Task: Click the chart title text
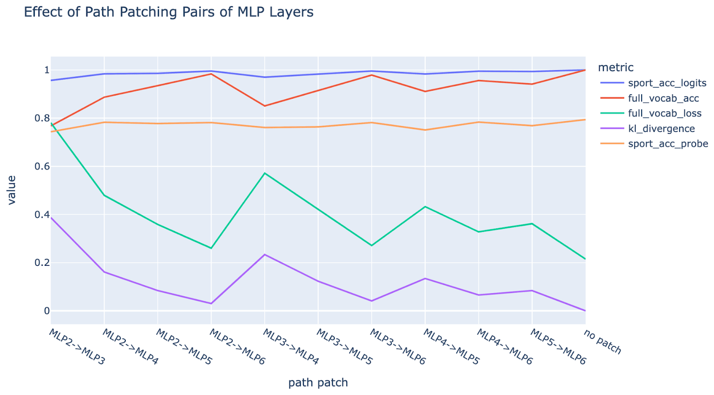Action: pos(169,12)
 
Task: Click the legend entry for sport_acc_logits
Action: pos(667,83)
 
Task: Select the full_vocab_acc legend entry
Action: pos(663,98)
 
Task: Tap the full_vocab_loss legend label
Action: pos(664,113)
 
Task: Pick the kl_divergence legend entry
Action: pos(661,129)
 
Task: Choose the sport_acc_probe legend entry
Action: pos(668,144)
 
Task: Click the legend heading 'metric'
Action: pos(615,67)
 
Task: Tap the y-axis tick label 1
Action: pos(46,70)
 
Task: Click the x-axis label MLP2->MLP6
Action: pos(237,347)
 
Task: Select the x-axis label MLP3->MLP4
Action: pos(291,347)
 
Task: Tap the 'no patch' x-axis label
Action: pos(602,342)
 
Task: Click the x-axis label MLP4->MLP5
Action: pos(451,347)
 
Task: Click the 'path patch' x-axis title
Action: pos(318,383)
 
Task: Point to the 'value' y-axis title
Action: pos(12,190)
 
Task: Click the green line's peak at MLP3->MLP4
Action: pos(265,173)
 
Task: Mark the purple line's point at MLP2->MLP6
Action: pos(211,304)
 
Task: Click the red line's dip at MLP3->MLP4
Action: pos(265,106)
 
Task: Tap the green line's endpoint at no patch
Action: pos(585,259)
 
